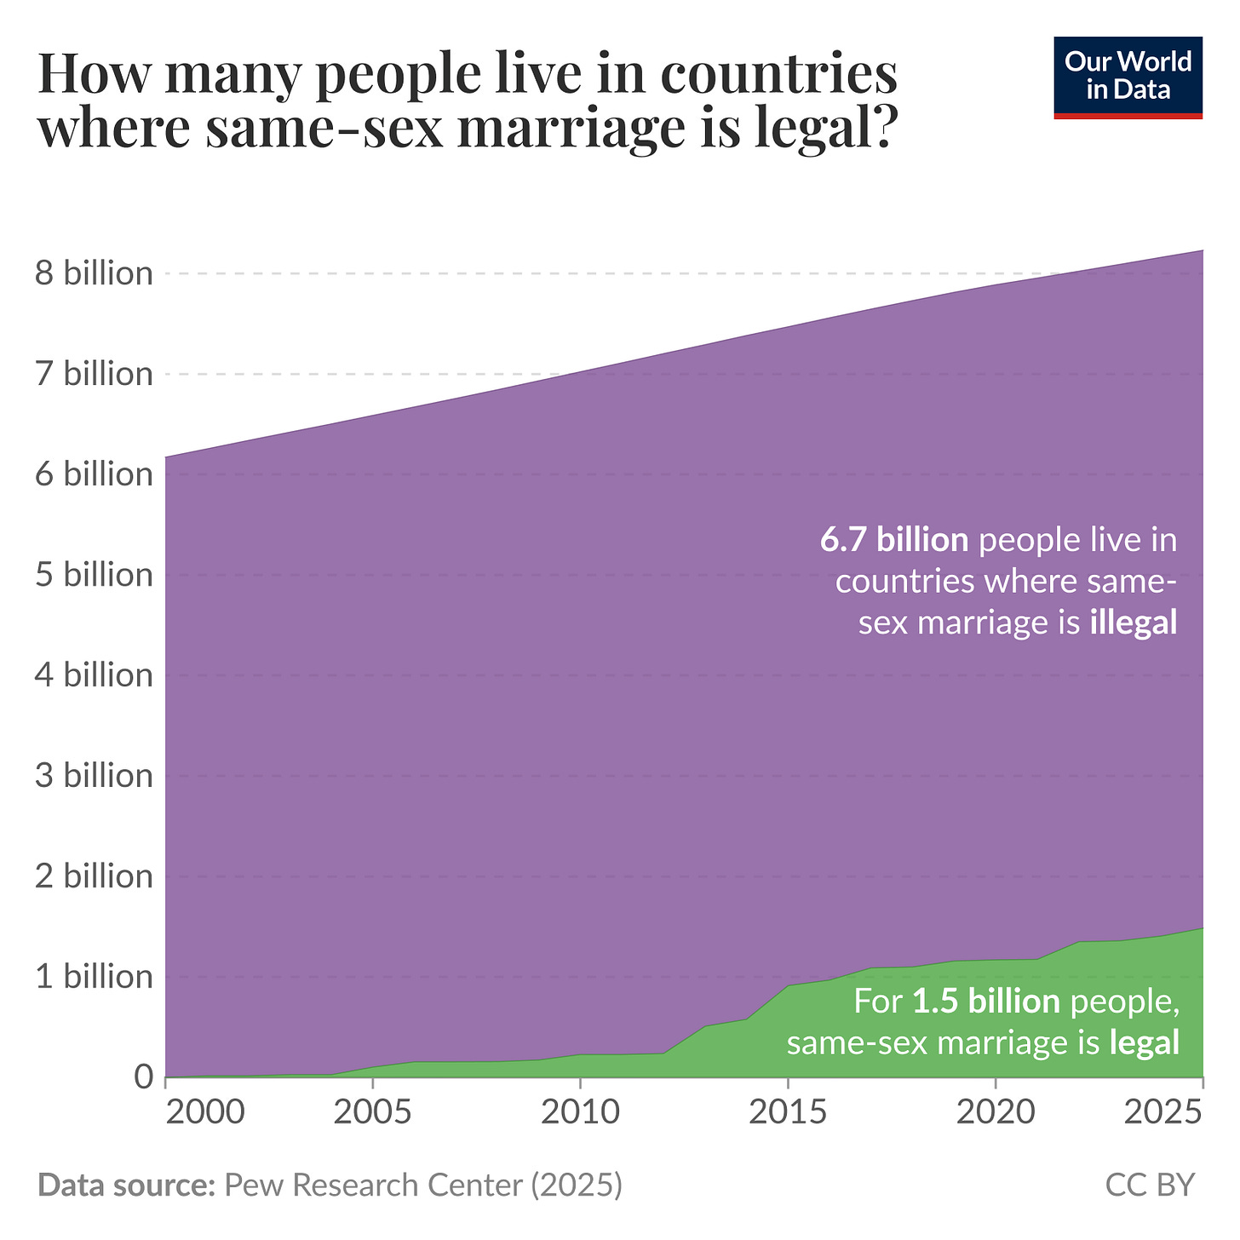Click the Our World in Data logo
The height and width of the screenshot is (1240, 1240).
(x=1128, y=77)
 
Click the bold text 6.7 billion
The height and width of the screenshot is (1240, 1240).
(x=894, y=540)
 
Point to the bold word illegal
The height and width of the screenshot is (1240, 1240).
(x=1134, y=623)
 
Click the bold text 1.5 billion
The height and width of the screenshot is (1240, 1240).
(x=986, y=1002)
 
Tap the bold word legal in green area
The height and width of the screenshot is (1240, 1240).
(x=1145, y=1042)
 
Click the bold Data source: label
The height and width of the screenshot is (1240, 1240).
(x=126, y=1185)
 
